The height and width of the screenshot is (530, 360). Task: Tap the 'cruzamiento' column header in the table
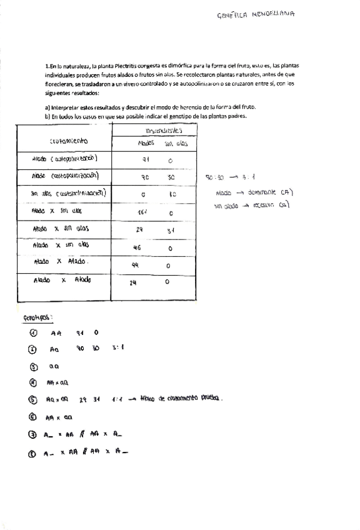tap(64, 141)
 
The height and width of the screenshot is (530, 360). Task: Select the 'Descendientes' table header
tap(164, 131)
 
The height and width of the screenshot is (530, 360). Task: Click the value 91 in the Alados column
tap(145, 159)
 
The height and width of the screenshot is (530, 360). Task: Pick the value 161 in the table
tap(143, 212)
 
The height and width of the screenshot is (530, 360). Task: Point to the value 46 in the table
tap(137, 247)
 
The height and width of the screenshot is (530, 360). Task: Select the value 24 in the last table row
tap(132, 282)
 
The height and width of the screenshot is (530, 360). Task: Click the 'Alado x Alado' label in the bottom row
tap(62, 280)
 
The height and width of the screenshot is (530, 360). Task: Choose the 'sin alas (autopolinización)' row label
tap(69, 193)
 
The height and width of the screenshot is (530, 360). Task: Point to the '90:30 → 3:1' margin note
tap(227, 177)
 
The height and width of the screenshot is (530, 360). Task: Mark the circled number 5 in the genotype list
tap(33, 399)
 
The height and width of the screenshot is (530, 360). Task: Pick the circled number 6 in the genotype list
tap(33, 416)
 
